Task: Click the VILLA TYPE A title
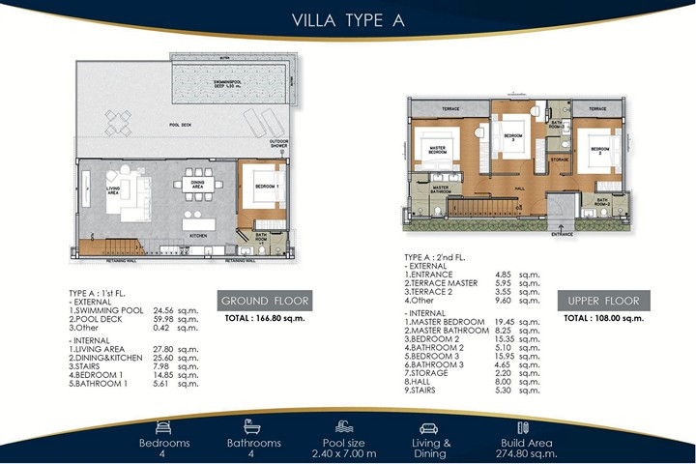[x=347, y=19]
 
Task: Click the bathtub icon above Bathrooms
[x=253, y=426]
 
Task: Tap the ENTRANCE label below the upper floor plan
[x=562, y=233]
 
